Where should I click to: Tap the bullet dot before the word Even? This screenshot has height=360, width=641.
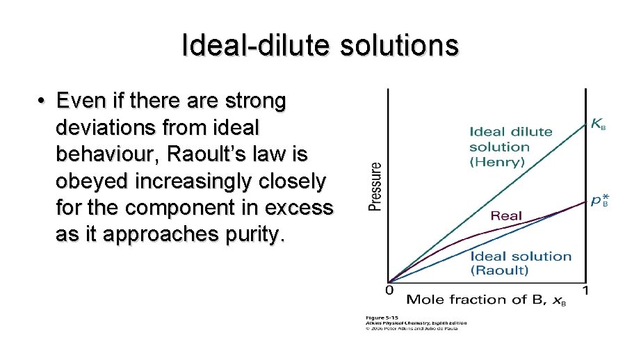click(x=42, y=102)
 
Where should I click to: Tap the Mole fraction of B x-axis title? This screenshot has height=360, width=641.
click(x=476, y=300)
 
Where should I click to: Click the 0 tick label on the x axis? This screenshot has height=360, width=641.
click(x=390, y=290)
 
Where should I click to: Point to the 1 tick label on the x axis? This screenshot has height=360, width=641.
click(x=585, y=290)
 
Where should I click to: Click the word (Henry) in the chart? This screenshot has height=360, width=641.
click(x=497, y=162)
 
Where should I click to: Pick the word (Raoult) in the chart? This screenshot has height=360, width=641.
click(x=499, y=270)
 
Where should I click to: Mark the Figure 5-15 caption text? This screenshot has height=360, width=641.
click(x=382, y=318)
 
